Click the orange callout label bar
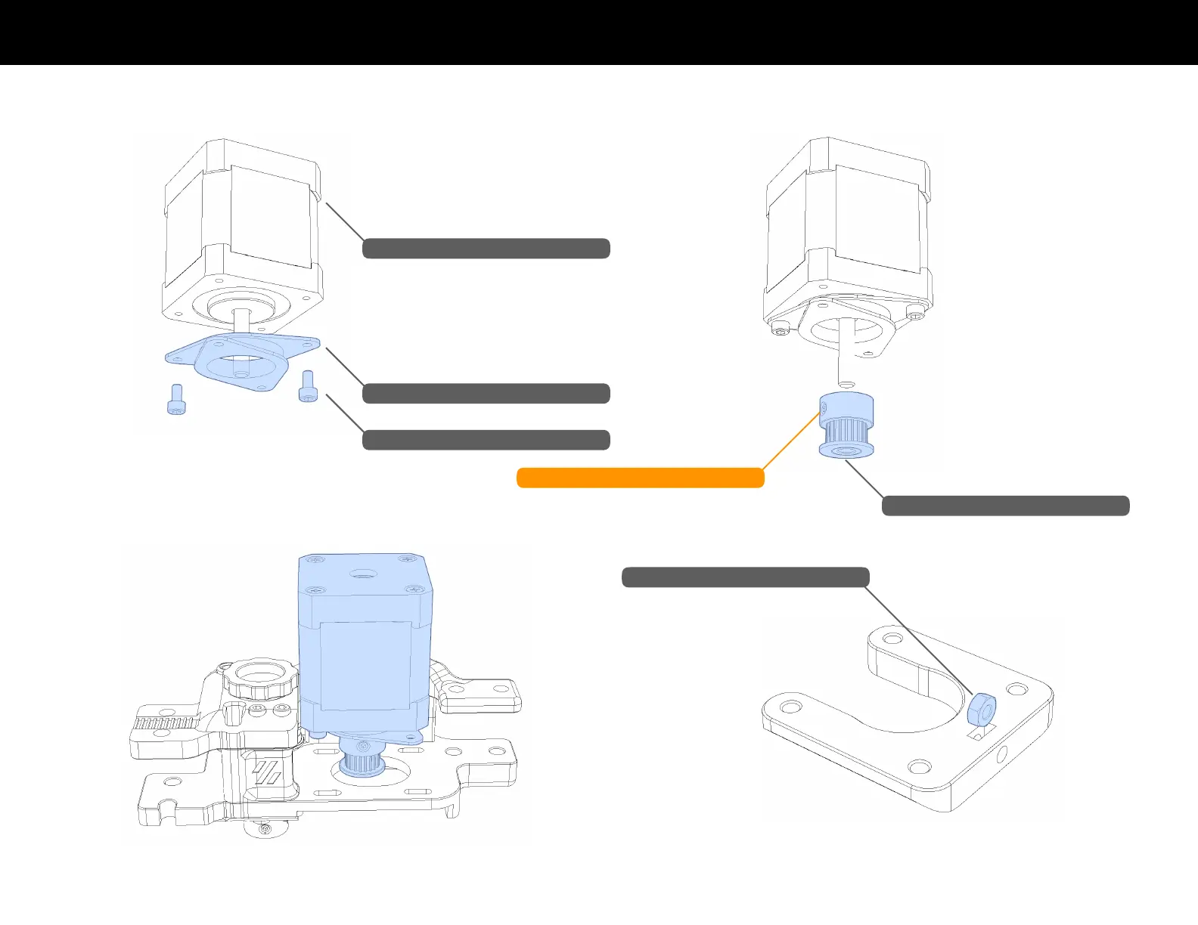pos(640,478)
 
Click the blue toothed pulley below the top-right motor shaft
pos(846,425)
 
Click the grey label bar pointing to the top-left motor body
pos(486,249)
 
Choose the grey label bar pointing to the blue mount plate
pos(486,394)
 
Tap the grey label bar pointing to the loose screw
pos(486,440)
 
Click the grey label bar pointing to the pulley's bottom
pos(1005,506)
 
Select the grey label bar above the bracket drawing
pos(745,577)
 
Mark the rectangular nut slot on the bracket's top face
pos(980,732)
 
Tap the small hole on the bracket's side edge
pos(1003,754)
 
